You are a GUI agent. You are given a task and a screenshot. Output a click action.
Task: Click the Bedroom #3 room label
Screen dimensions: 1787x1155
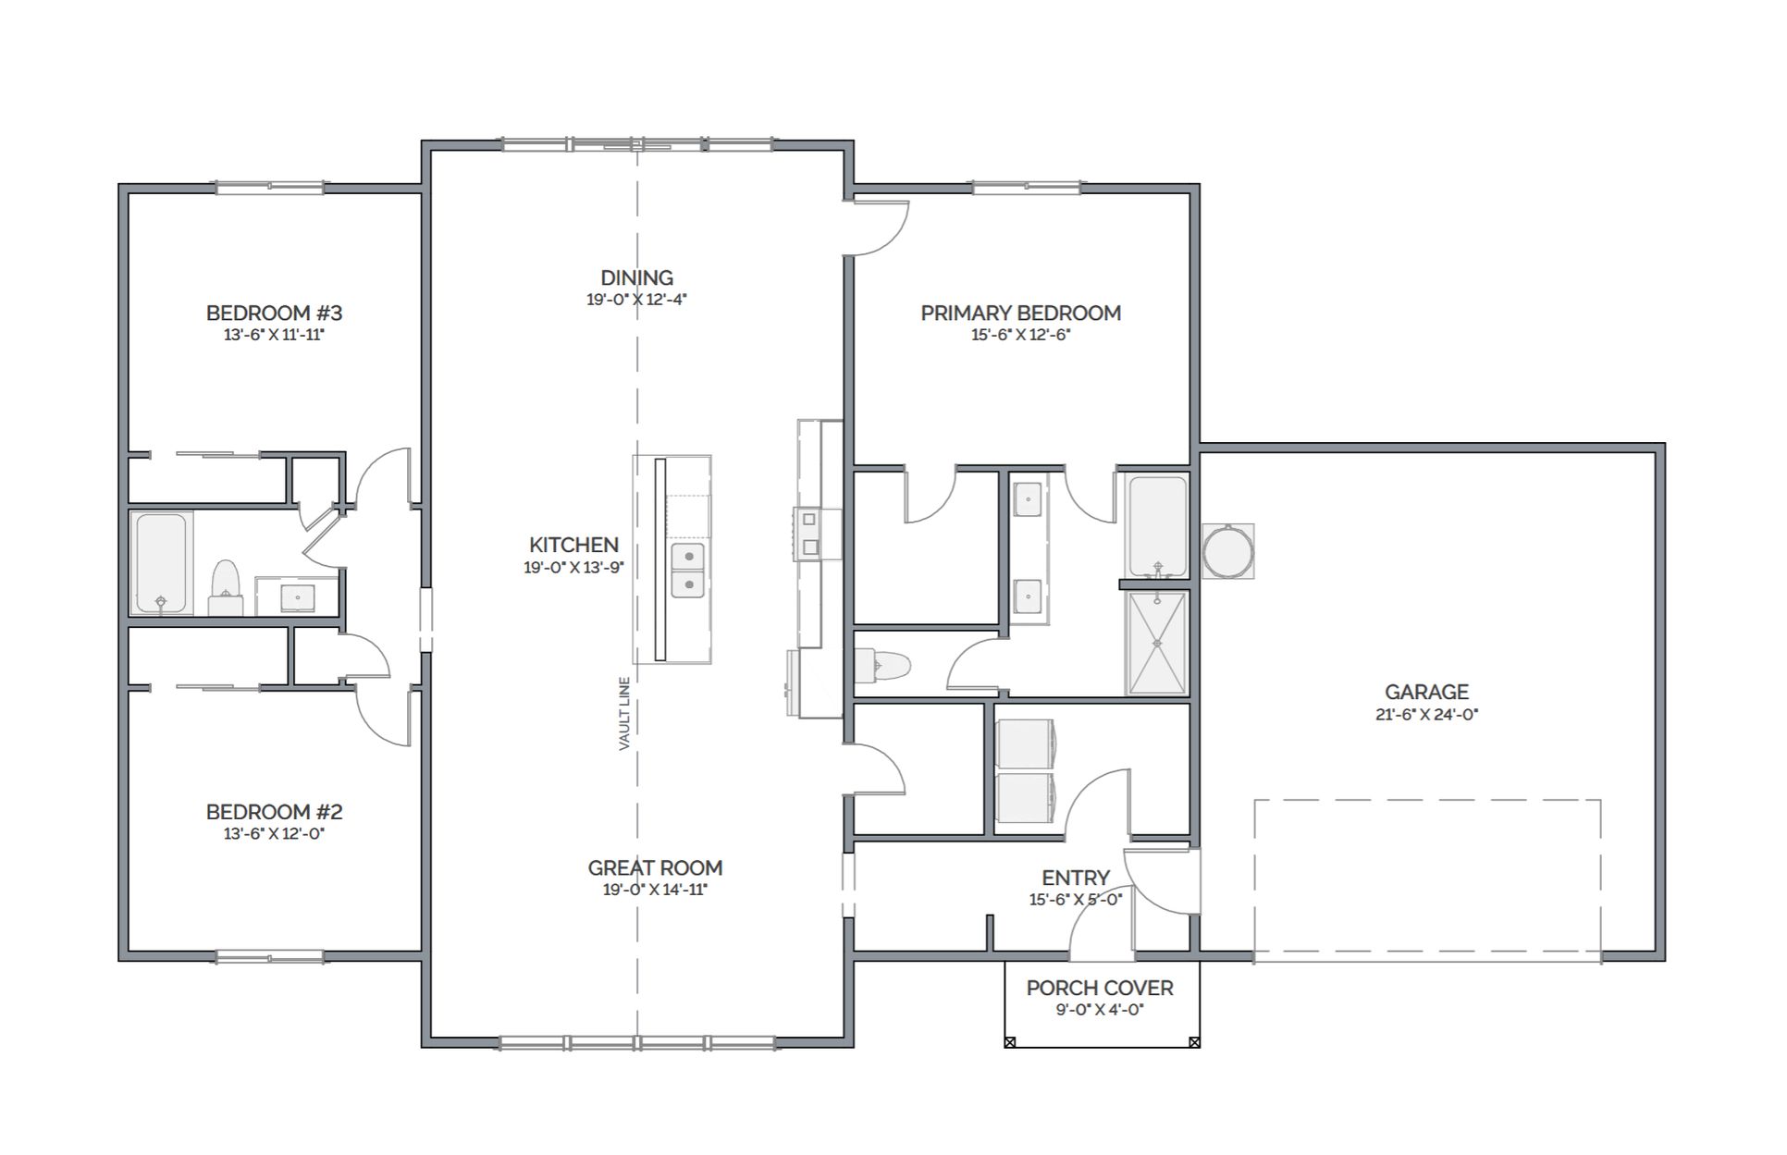[274, 313]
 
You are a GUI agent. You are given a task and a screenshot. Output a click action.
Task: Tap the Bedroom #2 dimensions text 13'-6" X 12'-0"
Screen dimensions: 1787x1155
[274, 833]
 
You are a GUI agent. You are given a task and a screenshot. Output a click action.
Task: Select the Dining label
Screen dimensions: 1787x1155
[636, 277]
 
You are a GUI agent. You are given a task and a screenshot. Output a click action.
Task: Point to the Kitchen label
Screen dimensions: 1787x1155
[573, 545]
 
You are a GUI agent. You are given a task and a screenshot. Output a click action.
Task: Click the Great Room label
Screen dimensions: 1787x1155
[655, 867]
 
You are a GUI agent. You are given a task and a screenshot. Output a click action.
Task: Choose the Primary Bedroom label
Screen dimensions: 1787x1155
[1020, 313]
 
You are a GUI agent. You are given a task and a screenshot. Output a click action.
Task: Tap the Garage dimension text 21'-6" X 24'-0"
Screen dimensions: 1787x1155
[1426, 714]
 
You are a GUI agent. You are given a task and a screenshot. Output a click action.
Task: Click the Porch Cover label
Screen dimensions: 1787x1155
[1100, 988]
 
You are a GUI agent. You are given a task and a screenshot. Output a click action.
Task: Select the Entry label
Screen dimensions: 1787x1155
[1076, 878]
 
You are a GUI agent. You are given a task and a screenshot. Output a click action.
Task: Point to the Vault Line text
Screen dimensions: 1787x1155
[624, 713]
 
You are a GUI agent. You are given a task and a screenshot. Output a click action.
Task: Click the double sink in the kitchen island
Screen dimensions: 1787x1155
[686, 571]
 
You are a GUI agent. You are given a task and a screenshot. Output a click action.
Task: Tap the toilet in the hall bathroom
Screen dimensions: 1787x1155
[225, 587]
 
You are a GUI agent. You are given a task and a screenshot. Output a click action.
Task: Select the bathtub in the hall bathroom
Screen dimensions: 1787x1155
[161, 563]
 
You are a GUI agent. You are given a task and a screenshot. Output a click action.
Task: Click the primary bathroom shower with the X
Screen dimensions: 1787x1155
[1156, 643]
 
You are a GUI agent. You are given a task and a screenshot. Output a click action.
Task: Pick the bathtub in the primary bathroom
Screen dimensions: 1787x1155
[1156, 526]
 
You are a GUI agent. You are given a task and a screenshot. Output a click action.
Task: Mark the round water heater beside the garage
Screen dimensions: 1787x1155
[1228, 552]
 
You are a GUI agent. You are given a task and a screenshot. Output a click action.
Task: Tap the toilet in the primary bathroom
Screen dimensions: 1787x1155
[882, 665]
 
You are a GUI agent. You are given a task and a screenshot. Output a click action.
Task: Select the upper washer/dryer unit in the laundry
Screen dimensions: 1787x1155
[1029, 743]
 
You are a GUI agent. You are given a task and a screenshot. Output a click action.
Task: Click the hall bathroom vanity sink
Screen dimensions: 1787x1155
[297, 597]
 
